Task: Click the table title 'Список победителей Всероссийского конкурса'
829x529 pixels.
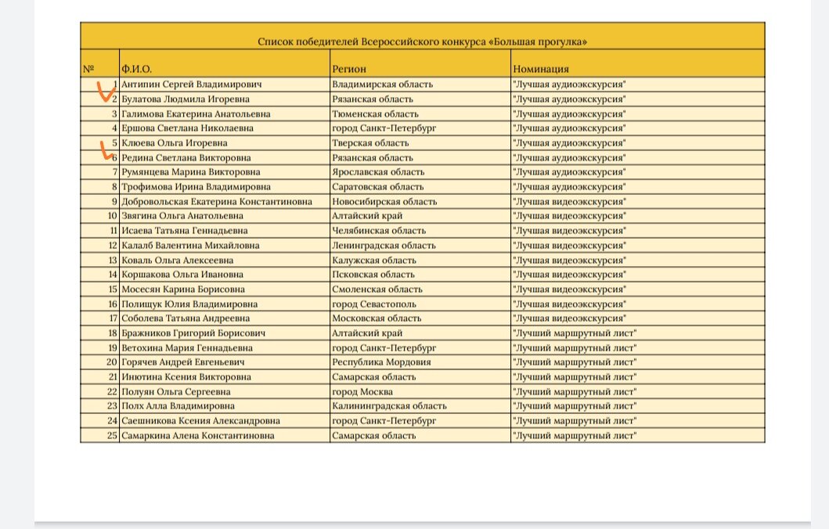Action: (423, 41)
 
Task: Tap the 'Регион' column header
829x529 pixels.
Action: (348, 69)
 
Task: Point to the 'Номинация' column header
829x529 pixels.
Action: (540, 69)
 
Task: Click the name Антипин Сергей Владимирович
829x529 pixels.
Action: (190, 85)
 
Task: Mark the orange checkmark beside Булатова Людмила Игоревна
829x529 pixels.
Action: (103, 94)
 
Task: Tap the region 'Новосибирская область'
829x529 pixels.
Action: (384, 201)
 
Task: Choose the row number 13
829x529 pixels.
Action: (112, 260)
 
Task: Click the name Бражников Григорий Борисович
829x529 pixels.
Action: (187, 333)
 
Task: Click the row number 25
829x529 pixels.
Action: (112, 435)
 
